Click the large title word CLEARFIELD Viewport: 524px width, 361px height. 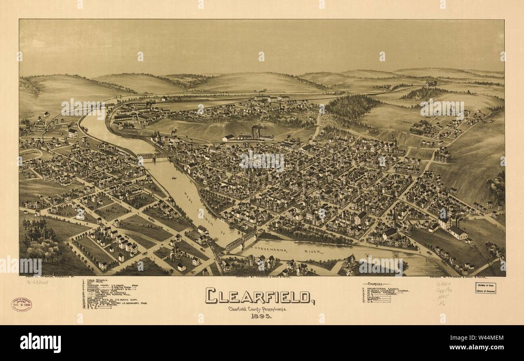(260, 296)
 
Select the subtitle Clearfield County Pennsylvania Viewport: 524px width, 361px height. (258, 309)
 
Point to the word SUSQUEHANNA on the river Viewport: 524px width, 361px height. (271, 250)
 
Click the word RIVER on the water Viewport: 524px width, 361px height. (314, 252)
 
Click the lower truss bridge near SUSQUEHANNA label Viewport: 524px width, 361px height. (241, 241)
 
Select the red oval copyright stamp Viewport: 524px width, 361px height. (21, 305)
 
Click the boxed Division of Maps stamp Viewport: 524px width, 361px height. (485, 288)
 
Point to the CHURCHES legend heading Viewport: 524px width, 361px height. (376, 284)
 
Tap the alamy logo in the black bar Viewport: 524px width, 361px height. (40, 343)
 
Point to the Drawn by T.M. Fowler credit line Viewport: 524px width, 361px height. (46, 278)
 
